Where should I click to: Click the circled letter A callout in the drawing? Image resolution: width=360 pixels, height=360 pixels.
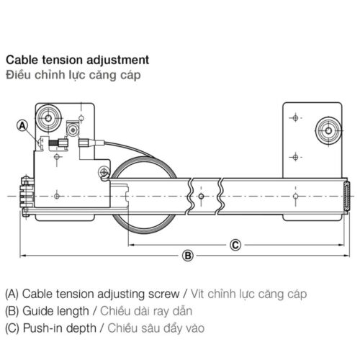click(x=22, y=125)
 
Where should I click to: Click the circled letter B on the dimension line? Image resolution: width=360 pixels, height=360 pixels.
click(x=187, y=255)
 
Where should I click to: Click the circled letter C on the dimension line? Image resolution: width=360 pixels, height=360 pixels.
click(x=235, y=244)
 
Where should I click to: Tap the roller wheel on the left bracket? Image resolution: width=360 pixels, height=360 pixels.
click(x=52, y=116)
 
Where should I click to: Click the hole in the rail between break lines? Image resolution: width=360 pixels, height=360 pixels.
click(x=203, y=195)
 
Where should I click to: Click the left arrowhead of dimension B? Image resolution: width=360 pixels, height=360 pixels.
click(x=22, y=255)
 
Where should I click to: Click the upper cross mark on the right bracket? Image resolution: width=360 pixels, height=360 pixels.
click(x=294, y=117)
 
